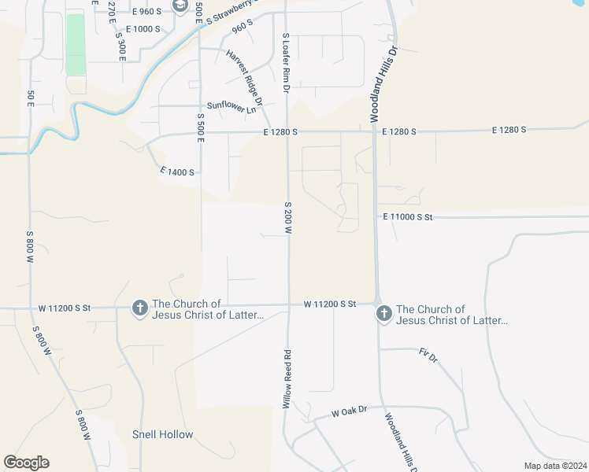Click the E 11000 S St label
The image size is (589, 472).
(408, 216)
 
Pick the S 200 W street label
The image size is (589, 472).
(288, 217)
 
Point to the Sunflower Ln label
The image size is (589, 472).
(232, 107)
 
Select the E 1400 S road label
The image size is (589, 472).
(176, 171)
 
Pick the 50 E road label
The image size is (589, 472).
(31, 98)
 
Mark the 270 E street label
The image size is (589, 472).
(111, 9)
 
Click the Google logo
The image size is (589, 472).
(26, 463)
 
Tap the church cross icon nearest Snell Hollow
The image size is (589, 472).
(139, 308)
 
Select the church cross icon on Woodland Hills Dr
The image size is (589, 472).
(383, 313)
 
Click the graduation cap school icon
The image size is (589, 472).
(180, 7)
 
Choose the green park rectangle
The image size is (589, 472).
(76, 44)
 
